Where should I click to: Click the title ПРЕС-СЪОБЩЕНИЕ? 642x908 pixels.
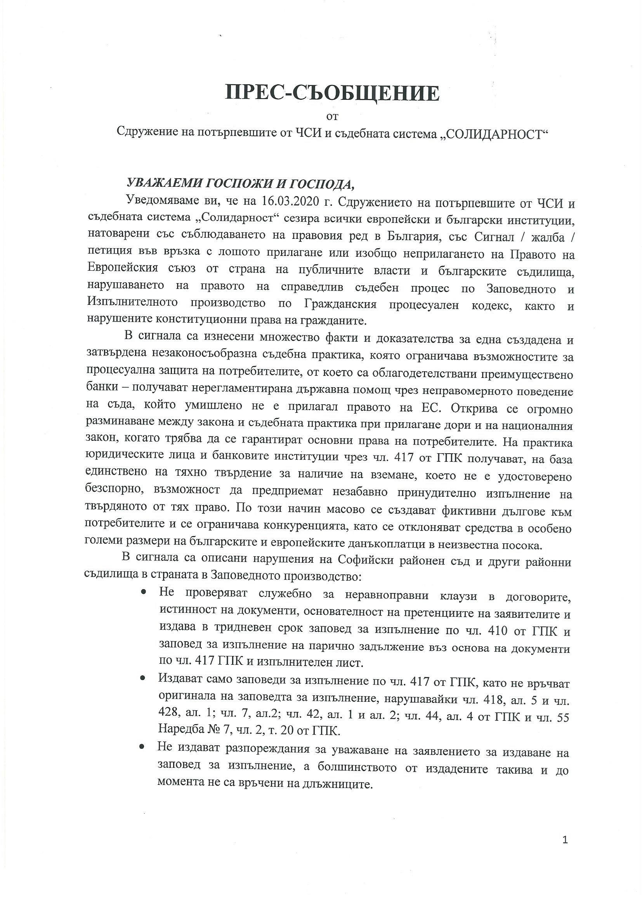click(x=333, y=94)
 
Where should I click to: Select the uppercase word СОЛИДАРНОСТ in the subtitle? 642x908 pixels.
click(x=496, y=134)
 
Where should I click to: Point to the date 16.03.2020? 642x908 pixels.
click(x=290, y=202)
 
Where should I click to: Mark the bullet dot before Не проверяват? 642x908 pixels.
click(x=144, y=592)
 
